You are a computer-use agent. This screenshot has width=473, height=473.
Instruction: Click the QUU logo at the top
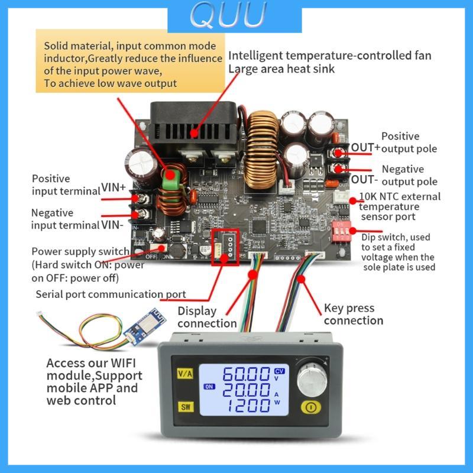coord(235,17)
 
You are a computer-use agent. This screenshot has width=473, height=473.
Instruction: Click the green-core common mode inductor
coord(173,177)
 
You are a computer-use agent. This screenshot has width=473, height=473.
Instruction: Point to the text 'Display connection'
coord(206,317)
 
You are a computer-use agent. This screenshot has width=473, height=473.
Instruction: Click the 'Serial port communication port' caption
coord(111,294)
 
